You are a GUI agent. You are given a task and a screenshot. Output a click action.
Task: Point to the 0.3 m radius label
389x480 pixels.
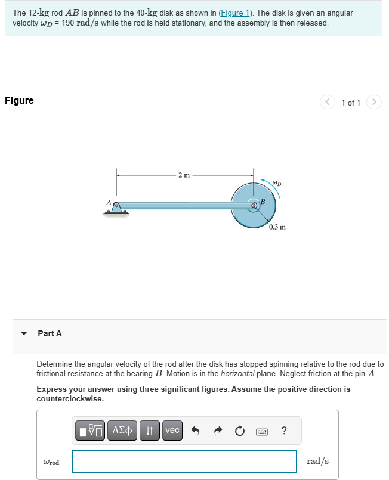[x=277, y=227]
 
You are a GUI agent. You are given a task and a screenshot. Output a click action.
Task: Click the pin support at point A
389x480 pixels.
[x=117, y=209]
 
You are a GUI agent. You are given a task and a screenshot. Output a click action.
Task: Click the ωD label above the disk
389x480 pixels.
[x=276, y=182]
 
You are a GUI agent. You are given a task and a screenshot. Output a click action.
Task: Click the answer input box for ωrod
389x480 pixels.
[x=184, y=461]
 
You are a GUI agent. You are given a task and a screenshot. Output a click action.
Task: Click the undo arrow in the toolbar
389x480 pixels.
[x=194, y=430]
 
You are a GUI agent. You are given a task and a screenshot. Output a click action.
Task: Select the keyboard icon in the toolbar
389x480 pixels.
[x=261, y=430]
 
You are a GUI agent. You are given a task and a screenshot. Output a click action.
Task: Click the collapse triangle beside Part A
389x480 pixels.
[x=23, y=333]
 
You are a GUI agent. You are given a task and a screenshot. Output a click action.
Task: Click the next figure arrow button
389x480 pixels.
[x=374, y=102]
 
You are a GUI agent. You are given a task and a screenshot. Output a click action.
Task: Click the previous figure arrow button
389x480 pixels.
[x=328, y=102]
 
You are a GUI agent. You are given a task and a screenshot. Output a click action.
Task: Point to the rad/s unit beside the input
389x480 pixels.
[x=317, y=461]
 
